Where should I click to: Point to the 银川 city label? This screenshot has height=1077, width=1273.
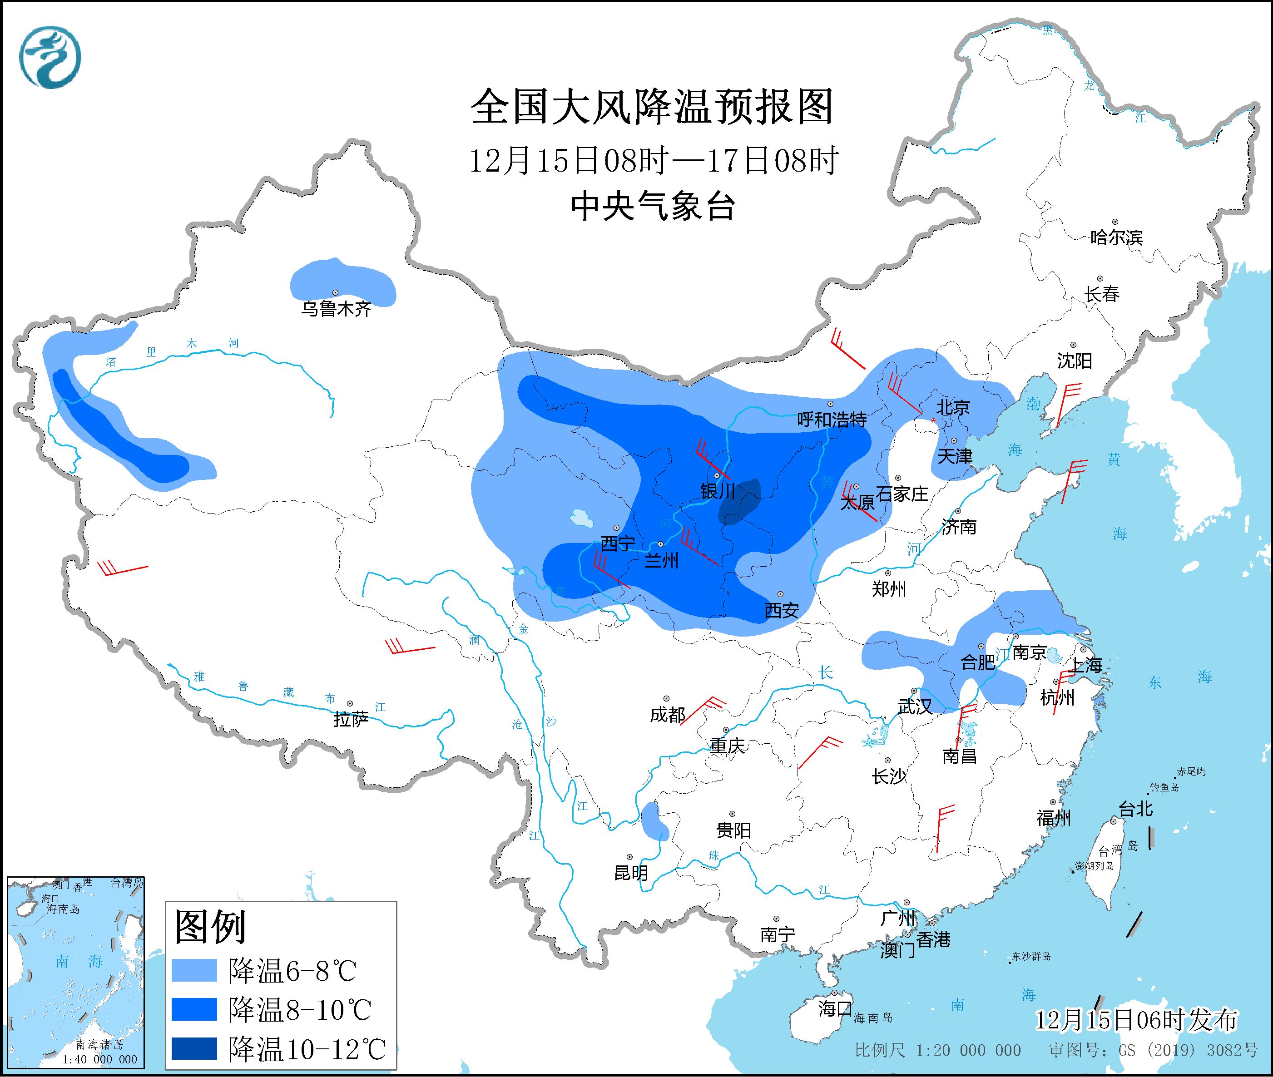point(718,491)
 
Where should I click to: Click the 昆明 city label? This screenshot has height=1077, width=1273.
point(631,873)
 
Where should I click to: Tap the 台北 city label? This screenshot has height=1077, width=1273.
point(1136,809)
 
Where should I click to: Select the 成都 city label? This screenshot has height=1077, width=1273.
point(667,714)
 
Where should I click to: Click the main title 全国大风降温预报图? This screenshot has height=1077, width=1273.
point(652,107)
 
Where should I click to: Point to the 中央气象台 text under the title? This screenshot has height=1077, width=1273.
point(652,206)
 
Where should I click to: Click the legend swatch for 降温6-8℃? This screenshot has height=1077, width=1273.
point(194,970)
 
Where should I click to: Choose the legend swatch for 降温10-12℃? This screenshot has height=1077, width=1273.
point(194,1048)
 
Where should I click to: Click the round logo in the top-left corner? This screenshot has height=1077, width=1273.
point(50,57)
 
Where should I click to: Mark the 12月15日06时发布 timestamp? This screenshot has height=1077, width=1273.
point(1136,1020)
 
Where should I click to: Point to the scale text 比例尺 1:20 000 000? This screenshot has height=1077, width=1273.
point(937,1050)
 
